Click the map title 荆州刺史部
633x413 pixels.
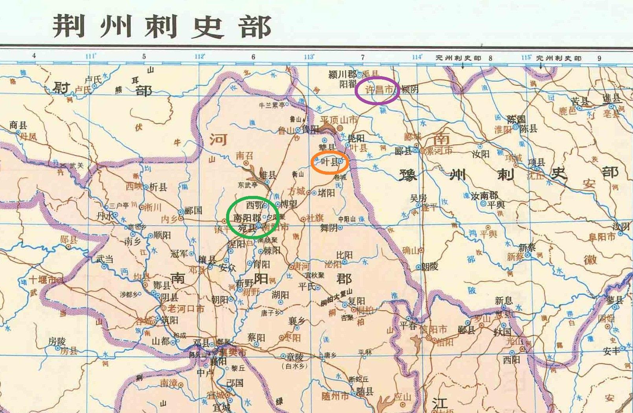tap(162, 27)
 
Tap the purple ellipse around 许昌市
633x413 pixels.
tap(377, 90)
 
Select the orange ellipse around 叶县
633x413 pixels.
tap(329, 162)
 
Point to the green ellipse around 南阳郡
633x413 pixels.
tap(252, 217)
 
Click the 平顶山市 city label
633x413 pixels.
tap(338, 120)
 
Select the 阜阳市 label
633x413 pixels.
tap(602, 237)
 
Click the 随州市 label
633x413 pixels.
tap(335, 396)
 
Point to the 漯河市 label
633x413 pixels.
tap(439, 150)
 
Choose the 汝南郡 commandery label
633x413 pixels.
tap(485, 195)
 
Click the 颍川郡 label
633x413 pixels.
tap(342, 74)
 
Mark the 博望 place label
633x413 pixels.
tap(289, 204)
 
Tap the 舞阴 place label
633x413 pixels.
tap(329, 227)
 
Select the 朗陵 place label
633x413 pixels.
tap(430, 267)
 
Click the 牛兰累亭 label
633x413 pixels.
tap(272, 105)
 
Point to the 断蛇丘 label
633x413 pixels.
tap(359, 379)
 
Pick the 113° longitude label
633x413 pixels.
tap(309, 57)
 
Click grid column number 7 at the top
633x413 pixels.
tap(363, 57)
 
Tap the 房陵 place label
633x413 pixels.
tap(57, 341)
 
